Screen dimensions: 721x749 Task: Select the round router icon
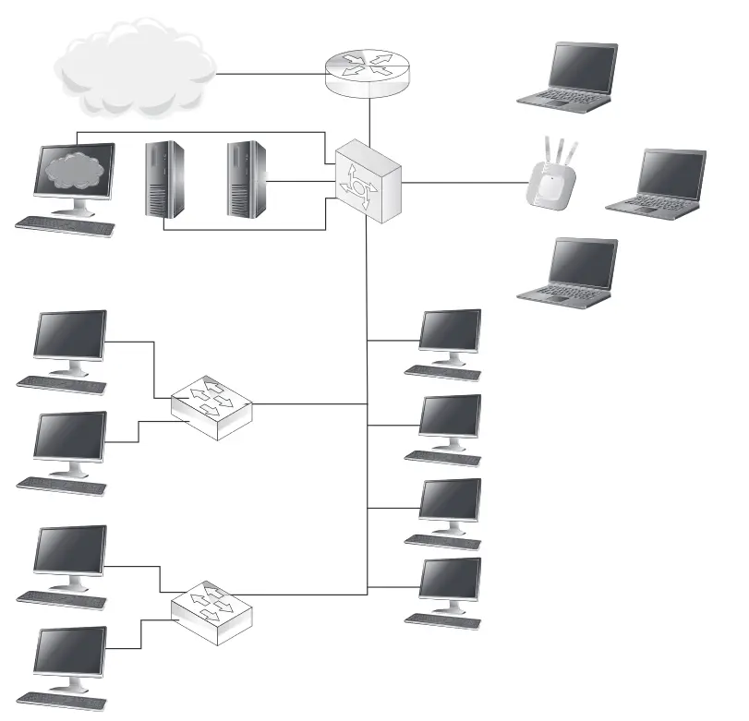pos(368,73)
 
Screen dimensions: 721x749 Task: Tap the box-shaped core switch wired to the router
pos(368,181)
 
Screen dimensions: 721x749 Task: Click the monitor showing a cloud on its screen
pos(74,174)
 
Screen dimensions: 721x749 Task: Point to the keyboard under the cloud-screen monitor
pos(66,224)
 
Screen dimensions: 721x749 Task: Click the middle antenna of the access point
pos(557,150)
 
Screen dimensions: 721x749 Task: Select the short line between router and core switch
pos(368,118)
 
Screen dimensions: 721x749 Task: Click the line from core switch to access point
pos(462,182)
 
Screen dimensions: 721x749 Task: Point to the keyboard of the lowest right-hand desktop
pos(443,619)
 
